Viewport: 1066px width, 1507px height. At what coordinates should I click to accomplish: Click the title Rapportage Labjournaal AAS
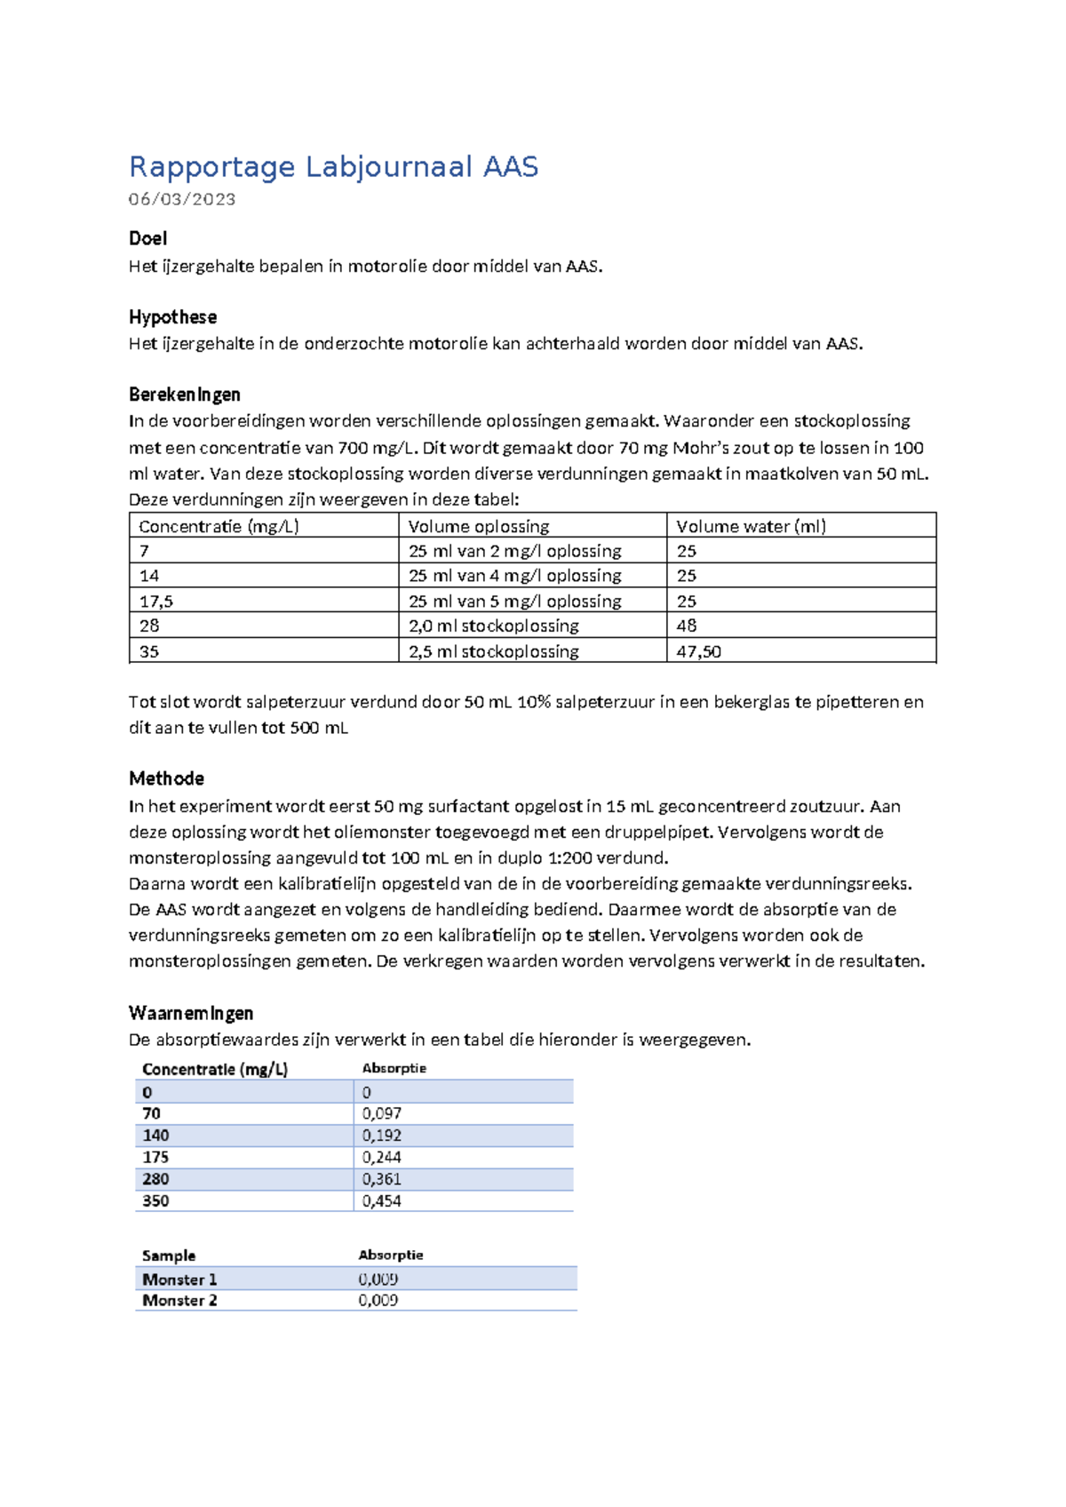(333, 167)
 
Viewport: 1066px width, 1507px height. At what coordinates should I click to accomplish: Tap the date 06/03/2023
(182, 199)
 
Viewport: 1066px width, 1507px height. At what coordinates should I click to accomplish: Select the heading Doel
(147, 238)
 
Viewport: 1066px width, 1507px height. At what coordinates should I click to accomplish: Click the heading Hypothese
(172, 317)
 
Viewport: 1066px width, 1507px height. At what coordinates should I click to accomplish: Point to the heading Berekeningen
(184, 395)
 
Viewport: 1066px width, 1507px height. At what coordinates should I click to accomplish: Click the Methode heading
(166, 778)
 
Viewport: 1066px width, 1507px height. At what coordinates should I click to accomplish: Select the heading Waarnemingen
(190, 1013)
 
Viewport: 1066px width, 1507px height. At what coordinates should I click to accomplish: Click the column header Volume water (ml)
(751, 526)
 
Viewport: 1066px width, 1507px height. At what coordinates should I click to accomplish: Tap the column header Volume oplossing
(479, 526)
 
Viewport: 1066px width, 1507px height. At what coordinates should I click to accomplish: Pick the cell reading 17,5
(156, 602)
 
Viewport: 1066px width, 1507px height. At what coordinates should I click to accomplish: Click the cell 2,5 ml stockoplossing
(493, 651)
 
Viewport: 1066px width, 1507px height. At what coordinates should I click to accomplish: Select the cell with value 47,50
(698, 651)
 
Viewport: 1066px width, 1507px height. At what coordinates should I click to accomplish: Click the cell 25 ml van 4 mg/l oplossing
(514, 576)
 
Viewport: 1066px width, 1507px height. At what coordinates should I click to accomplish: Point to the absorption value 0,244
(382, 1157)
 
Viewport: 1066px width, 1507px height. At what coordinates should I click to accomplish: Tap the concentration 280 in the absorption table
(155, 1179)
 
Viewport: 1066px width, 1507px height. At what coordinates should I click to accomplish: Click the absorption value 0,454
(382, 1200)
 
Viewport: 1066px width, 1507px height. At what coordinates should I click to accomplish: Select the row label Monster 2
(179, 1300)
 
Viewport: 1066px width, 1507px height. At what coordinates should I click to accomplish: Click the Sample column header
(169, 1256)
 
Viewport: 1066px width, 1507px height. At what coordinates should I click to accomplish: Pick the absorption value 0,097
(382, 1113)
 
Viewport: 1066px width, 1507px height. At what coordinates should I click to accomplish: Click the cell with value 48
(687, 626)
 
